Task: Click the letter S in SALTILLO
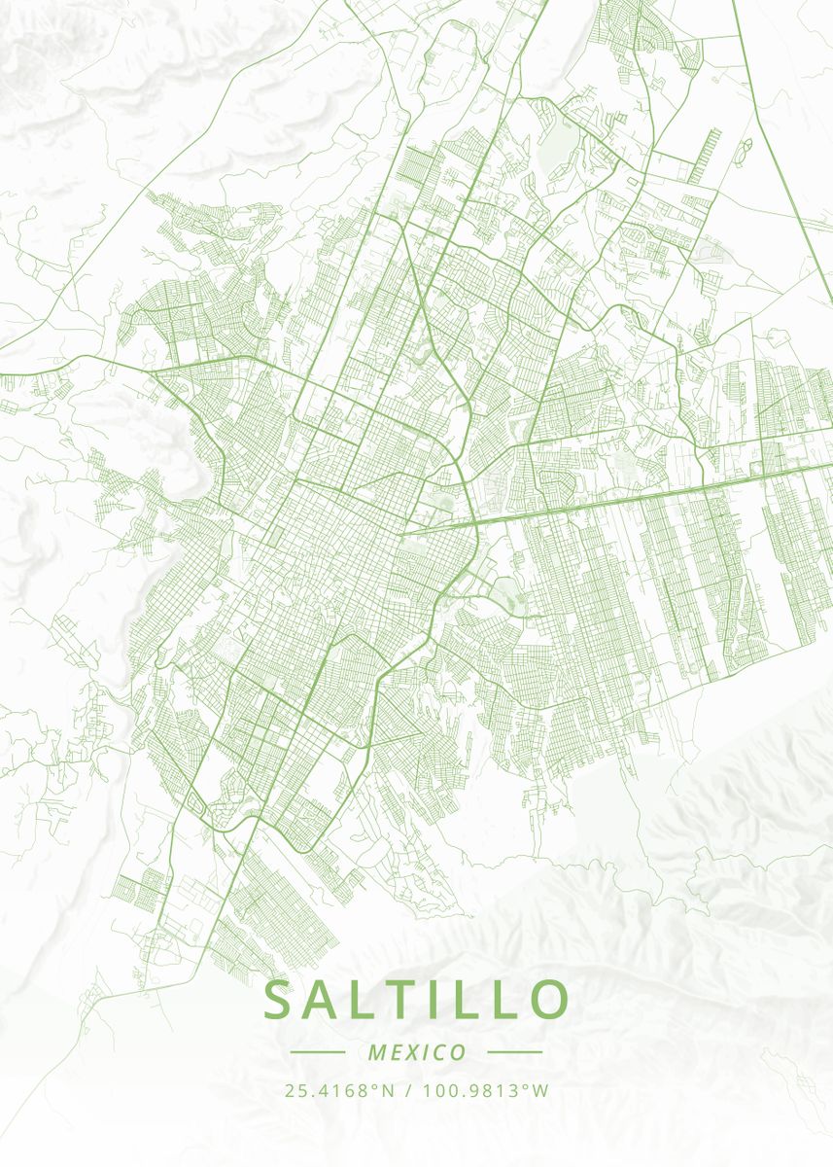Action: coord(279,1001)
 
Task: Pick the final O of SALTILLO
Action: coord(548,1001)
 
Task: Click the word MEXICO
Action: coord(417,1052)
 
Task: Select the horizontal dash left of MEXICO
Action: coord(318,1052)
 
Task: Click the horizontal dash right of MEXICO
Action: coord(514,1052)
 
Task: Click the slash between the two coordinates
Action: coord(405,1090)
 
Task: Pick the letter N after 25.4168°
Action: coord(388,1090)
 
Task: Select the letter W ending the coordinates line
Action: coord(540,1090)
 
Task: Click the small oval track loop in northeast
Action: coord(746,148)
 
